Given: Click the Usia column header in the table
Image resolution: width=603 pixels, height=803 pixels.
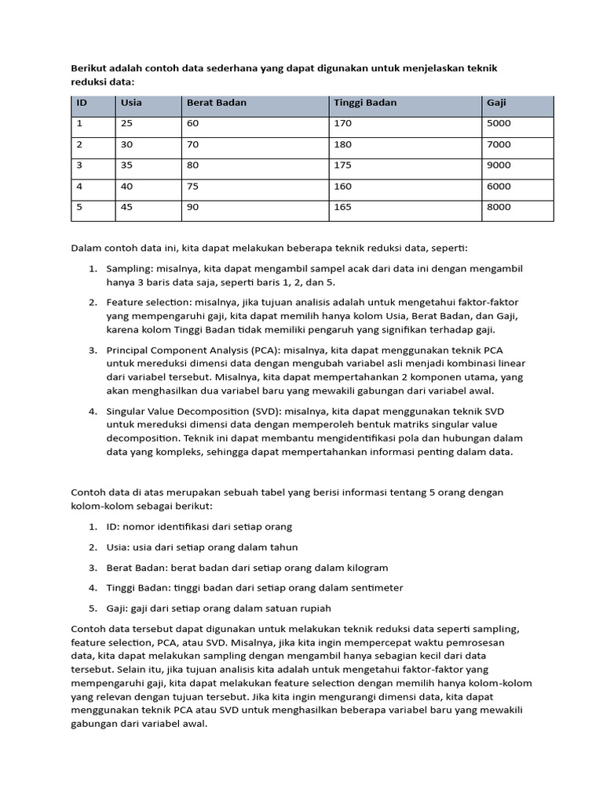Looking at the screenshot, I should tap(131, 103).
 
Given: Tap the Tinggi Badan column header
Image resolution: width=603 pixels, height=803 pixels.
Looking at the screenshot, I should tap(365, 103).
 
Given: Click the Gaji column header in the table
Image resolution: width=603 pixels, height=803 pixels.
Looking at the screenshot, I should tap(496, 103).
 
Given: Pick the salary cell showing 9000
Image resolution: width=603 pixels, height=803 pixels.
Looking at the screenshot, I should tap(499, 165).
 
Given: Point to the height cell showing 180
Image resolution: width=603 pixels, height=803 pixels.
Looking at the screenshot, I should tap(342, 144).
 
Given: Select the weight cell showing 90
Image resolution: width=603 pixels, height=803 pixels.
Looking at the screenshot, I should tap(192, 208).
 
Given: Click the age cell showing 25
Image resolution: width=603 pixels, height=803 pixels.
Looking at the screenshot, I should tap(127, 123).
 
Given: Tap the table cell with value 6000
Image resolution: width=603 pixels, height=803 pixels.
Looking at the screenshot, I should tap(499, 187).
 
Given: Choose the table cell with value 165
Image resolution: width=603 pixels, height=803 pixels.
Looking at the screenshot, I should tap(342, 208).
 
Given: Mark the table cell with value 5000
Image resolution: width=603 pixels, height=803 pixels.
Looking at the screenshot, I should tap(499, 123).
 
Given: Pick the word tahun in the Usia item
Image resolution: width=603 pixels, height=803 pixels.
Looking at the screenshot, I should tap(283, 547).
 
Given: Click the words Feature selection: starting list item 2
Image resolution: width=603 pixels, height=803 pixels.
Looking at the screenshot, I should tap(147, 302).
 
